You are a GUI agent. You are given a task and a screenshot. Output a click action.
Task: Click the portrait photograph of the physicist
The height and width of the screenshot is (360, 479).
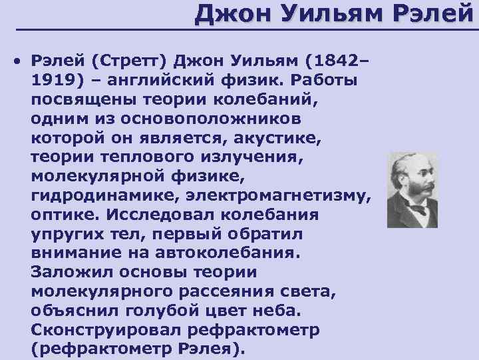coord(412,190)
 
